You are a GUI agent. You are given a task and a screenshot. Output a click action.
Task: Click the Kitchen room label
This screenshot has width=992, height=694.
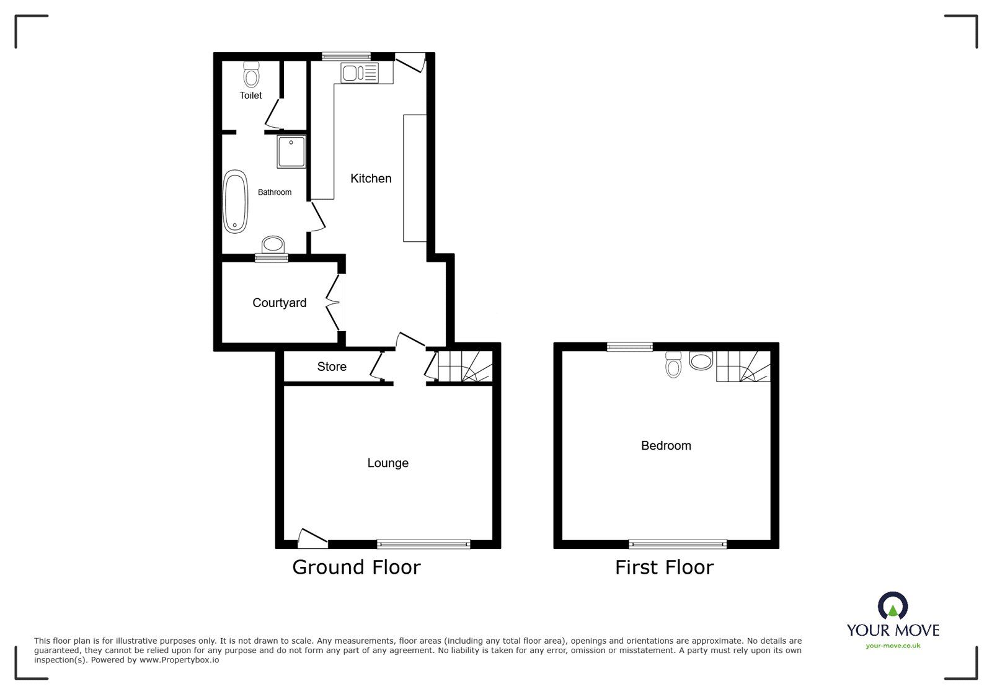(371, 179)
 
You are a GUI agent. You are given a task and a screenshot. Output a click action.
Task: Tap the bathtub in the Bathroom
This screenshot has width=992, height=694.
(235, 202)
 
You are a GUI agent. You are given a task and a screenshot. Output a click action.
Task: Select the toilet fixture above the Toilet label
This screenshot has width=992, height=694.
(251, 75)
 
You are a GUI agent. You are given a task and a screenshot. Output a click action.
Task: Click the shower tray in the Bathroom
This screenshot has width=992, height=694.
(291, 152)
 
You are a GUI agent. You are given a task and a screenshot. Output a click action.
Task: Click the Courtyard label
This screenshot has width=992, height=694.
(279, 303)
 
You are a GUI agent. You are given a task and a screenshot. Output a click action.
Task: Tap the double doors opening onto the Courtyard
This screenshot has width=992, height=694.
(335, 303)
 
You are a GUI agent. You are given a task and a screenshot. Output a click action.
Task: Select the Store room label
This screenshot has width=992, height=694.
(332, 367)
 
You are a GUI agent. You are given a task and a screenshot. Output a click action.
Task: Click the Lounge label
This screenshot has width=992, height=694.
(387, 463)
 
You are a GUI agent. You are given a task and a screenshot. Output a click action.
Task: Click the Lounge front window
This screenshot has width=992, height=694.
(423, 544)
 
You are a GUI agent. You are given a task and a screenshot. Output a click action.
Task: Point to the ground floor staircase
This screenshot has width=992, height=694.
(465, 366)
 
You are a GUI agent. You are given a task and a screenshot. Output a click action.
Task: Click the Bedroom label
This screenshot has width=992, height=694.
(666, 445)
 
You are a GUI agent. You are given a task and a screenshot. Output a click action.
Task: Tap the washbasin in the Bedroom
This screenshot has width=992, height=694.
(701, 362)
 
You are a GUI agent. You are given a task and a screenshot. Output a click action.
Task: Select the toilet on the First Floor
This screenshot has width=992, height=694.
(673, 365)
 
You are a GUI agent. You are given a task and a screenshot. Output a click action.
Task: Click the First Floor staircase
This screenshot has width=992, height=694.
(743, 367)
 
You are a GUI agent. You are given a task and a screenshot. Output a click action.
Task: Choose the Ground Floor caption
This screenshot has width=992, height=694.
(356, 567)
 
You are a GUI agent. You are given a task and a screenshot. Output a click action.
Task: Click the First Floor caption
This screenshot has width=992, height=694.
(664, 567)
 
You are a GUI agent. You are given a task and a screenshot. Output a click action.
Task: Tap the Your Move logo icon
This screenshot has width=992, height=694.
(893, 606)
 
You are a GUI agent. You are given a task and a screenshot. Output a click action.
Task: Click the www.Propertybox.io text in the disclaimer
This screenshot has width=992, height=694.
(179, 661)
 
